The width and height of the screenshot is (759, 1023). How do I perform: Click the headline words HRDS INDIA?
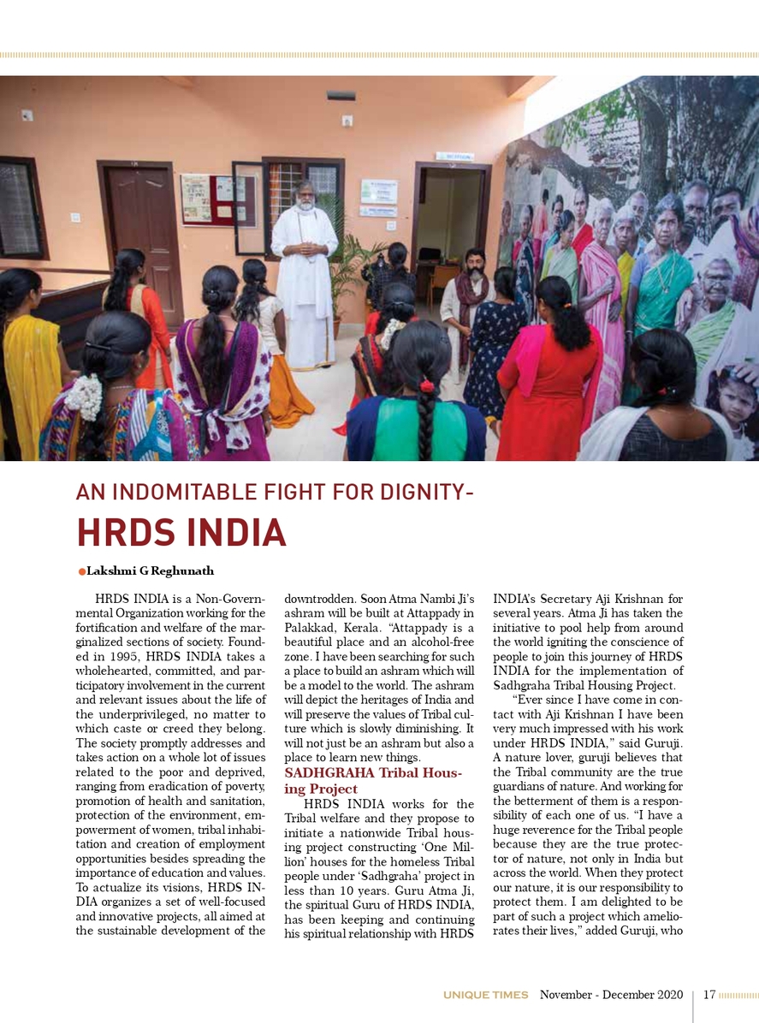[x=181, y=532]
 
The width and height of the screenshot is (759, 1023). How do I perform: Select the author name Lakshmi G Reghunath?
[x=148, y=571]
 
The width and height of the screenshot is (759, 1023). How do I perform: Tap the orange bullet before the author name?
[x=82, y=571]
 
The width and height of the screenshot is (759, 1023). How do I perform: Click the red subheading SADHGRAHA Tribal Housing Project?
[x=372, y=781]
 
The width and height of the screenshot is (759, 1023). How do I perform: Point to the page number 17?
[x=709, y=995]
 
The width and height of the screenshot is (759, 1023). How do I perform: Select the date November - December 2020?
[x=611, y=995]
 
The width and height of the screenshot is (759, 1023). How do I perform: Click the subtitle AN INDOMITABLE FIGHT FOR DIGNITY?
[x=274, y=493]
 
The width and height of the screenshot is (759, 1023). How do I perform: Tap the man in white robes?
[x=304, y=274]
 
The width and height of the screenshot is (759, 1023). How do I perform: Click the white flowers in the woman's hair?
[x=84, y=396]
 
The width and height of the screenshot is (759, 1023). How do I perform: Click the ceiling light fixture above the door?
[x=340, y=96]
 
